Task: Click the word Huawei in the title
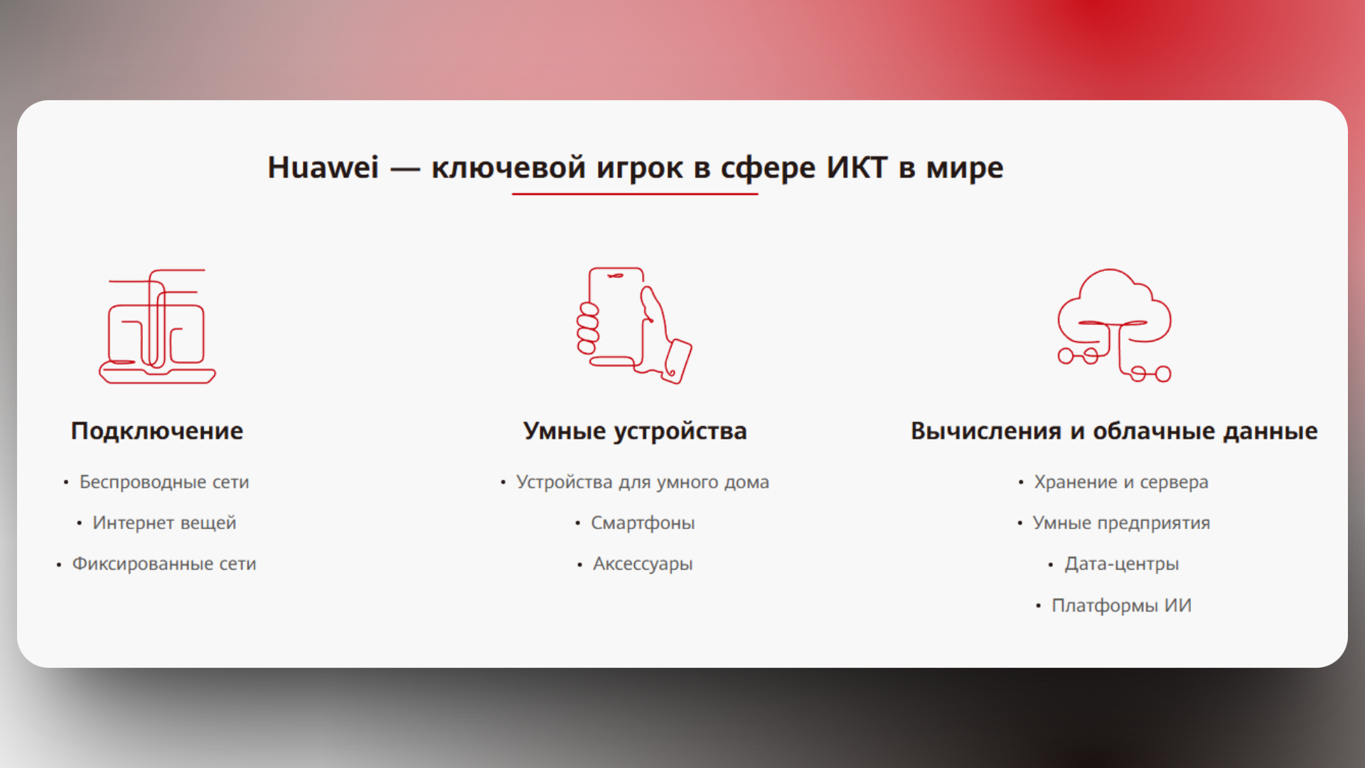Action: click(323, 168)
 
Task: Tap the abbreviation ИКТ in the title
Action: click(856, 168)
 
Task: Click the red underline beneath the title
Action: click(634, 193)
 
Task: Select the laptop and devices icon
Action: click(157, 326)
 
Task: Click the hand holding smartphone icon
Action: click(633, 325)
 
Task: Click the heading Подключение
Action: click(157, 431)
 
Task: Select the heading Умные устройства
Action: click(635, 431)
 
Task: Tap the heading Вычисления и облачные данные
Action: click(1114, 431)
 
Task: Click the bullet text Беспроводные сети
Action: click(164, 482)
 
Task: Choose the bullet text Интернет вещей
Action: click(164, 523)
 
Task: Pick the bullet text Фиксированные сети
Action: click(164, 564)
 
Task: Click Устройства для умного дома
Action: click(643, 482)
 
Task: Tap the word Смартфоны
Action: click(643, 523)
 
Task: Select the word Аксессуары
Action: click(643, 564)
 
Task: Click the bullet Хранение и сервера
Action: click(1121, 482)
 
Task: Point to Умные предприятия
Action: click(1121, 523)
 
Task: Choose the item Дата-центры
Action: click(1121, 564)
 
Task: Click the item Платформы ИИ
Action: click(1121, 605)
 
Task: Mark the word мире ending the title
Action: click(964, 168)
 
